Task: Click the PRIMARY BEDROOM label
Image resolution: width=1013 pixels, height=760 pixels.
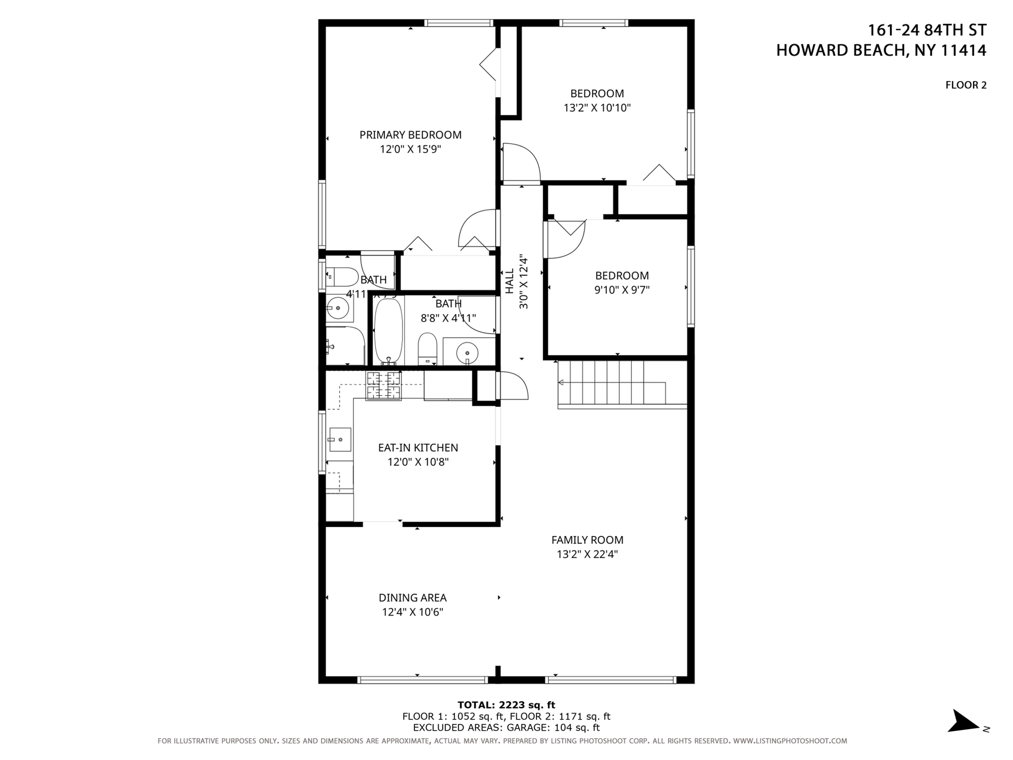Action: click(x=410, y=135)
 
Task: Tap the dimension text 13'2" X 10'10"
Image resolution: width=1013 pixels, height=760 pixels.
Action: click(x=597, y=108)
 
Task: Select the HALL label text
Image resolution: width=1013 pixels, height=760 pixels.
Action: click(x=510, y=281)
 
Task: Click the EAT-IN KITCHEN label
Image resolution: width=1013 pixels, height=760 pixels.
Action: click(x=417, y=447)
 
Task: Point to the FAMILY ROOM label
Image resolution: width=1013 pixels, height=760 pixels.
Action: click(x=587, y=540)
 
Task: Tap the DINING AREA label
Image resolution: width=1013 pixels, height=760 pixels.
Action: click(x=412, y=598)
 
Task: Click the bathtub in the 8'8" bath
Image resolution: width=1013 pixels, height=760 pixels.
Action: click(x=388, y=331)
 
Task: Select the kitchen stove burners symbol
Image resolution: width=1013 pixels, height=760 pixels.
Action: click(x=383, y=386)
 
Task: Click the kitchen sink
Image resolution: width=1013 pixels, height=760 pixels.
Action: click(x=340, y=439)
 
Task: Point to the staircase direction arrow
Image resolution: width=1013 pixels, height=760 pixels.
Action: click(x=561, y=382)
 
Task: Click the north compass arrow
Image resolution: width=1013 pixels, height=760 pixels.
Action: click(x=964, y=722)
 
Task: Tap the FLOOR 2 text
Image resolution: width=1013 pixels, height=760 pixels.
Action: click(x=966, y=85)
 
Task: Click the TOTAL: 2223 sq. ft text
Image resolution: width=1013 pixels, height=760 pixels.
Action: click(x=506, y=705)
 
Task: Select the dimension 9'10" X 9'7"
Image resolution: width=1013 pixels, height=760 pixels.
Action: click(x=622, y=290)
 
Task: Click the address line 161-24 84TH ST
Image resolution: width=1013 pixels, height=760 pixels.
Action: click(x=927, y=30)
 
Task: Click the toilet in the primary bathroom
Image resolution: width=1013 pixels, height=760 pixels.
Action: click(x=342, y=277)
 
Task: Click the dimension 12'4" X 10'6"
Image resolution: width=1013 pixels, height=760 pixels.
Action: click(x=412, y=612)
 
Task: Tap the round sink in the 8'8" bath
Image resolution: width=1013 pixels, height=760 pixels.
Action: click(x=468, y=352)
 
